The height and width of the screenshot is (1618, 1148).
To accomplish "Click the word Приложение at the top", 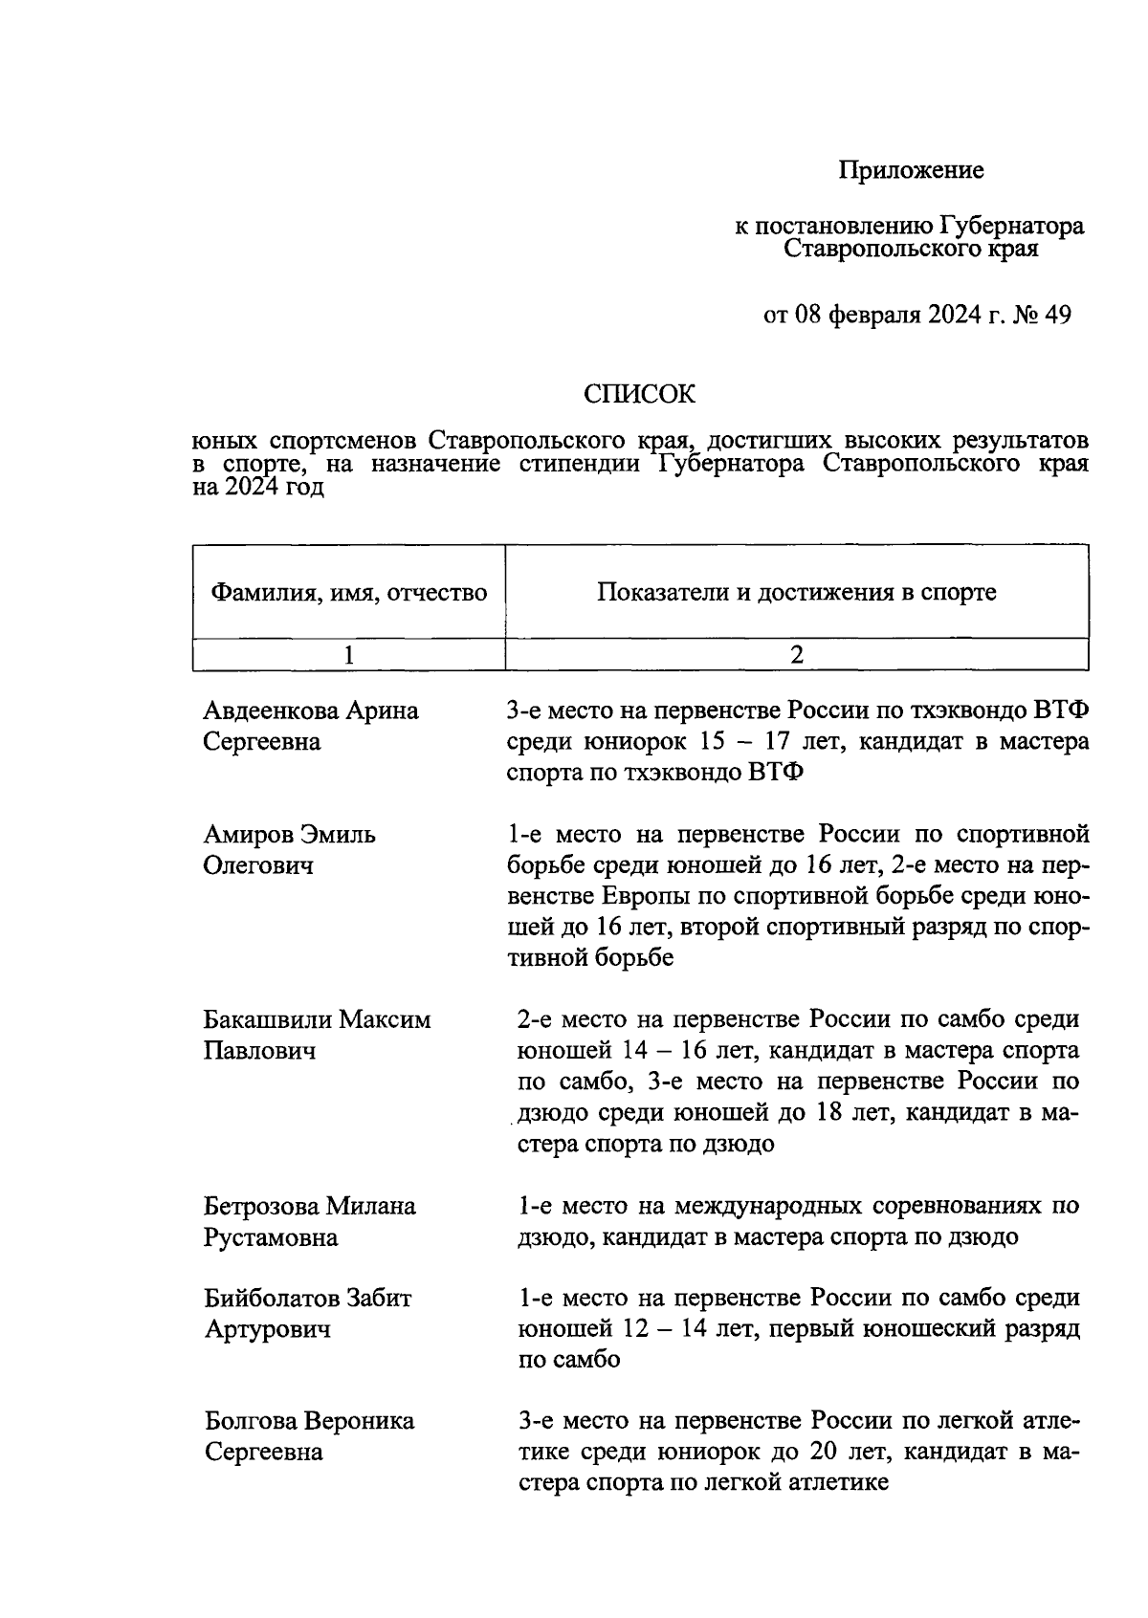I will coord(911,171).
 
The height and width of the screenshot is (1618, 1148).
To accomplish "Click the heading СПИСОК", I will coord(640,394).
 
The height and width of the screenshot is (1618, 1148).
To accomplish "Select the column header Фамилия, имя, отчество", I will coord(349,593).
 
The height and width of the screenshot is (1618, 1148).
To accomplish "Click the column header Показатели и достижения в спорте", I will coord(796,592).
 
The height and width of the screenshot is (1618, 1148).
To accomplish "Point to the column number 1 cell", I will coord(349,655).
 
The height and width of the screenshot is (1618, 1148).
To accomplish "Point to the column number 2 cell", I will coord(796,655).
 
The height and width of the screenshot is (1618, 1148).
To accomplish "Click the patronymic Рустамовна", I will coord(271,1237).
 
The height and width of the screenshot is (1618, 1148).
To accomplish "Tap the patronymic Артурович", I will coord(268,1329).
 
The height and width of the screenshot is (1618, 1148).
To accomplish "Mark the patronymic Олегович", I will coord(258,866).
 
